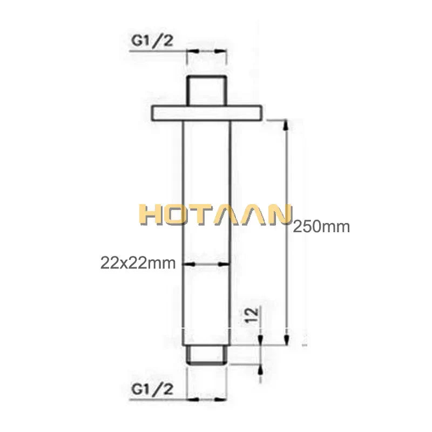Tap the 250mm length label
pos(321,227)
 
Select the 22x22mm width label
pos(138,263)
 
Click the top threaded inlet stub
pos(207,90)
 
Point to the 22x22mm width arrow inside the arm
pos(207,264)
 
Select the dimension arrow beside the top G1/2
pos(207,51)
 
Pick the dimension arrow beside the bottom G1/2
pos(207,400)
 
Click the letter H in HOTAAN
pos(148,214)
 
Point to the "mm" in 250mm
pos(337,227)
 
